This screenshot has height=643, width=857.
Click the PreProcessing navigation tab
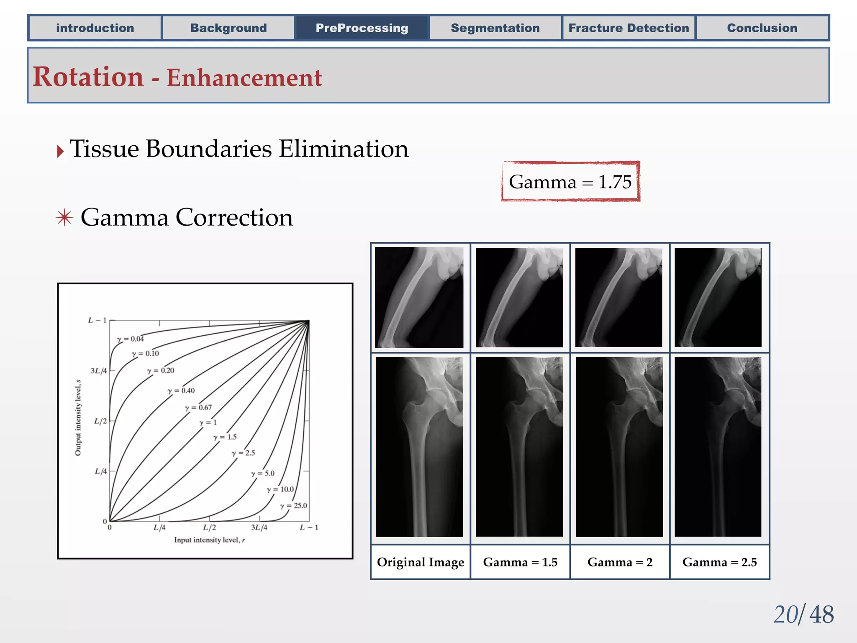362,28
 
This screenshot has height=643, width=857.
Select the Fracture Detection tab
629,28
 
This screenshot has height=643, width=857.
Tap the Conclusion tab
762,28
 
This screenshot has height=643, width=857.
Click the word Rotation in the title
88,77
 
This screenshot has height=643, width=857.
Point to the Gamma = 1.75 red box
570,182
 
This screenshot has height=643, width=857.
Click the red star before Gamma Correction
64,218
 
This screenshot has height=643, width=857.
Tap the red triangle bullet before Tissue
61,151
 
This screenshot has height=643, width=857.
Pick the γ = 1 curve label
208,422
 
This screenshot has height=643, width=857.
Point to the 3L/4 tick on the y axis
99,370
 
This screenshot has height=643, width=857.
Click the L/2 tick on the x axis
209,527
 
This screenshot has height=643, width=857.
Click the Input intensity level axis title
209,540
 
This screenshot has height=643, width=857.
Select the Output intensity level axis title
78,418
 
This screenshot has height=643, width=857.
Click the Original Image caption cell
420,562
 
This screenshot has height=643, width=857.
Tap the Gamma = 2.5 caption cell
719,562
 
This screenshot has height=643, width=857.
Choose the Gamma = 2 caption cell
620,562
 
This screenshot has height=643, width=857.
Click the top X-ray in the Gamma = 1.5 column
519,297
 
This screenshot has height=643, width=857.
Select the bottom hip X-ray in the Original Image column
419,447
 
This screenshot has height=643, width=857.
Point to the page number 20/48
803,615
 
